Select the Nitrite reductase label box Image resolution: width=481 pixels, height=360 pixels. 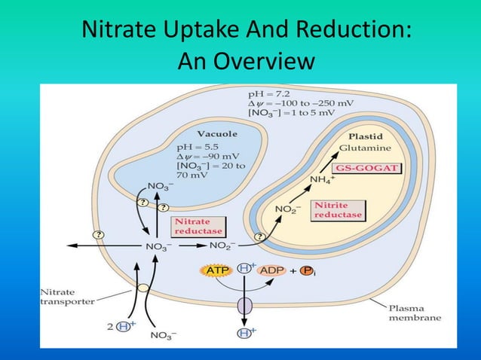pos(339,210)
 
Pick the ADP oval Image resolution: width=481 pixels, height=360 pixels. pos(277,269)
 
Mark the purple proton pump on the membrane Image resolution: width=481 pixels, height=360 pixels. pos(245,307)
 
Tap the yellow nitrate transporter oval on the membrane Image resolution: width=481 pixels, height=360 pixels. pos(142,286)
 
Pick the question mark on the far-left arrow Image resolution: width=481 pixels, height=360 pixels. pos(97,234)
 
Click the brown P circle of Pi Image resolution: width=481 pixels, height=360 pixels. pos(329,269)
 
